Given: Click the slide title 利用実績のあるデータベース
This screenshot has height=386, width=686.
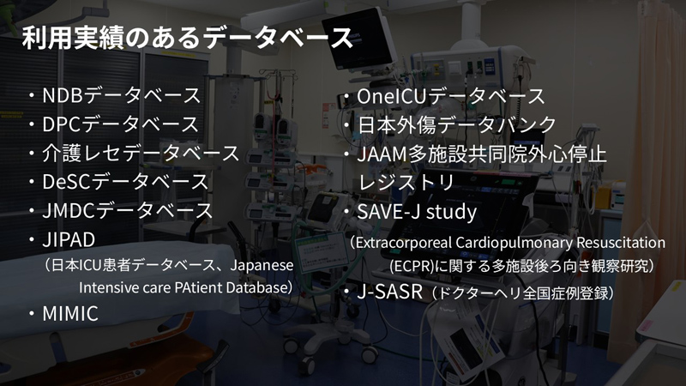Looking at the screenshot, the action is click(188, 38).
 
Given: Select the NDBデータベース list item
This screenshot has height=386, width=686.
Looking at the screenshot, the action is click(121, 95).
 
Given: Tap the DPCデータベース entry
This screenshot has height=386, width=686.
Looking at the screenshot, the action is click(121, 124).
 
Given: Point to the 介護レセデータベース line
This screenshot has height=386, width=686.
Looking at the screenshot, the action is click(141, 154).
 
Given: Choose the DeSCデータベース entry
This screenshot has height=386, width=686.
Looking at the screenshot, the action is click(125, 182).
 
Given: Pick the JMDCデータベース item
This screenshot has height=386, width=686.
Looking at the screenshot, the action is click(127, 210).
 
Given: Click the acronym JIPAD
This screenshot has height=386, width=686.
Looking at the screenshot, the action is click(69, 240).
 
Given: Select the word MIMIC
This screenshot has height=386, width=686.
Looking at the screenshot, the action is click(70, 313).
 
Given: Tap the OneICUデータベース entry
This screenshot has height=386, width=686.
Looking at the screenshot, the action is click(451, 97).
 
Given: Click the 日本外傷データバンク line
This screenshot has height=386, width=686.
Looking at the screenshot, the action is click(457, 125).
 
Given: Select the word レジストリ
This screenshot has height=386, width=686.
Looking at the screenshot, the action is click(406, 183).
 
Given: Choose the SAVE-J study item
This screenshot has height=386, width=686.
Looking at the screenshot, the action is click(417, 212).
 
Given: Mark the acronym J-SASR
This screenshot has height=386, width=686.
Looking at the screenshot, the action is click(390, 292).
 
